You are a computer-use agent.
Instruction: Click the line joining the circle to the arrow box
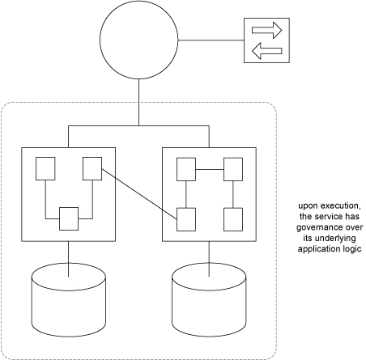pos(211,40)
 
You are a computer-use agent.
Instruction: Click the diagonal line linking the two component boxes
pos(139,194)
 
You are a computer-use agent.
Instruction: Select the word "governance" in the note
pos(317,227)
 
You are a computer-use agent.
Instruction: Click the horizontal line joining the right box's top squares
pos(210,169)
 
